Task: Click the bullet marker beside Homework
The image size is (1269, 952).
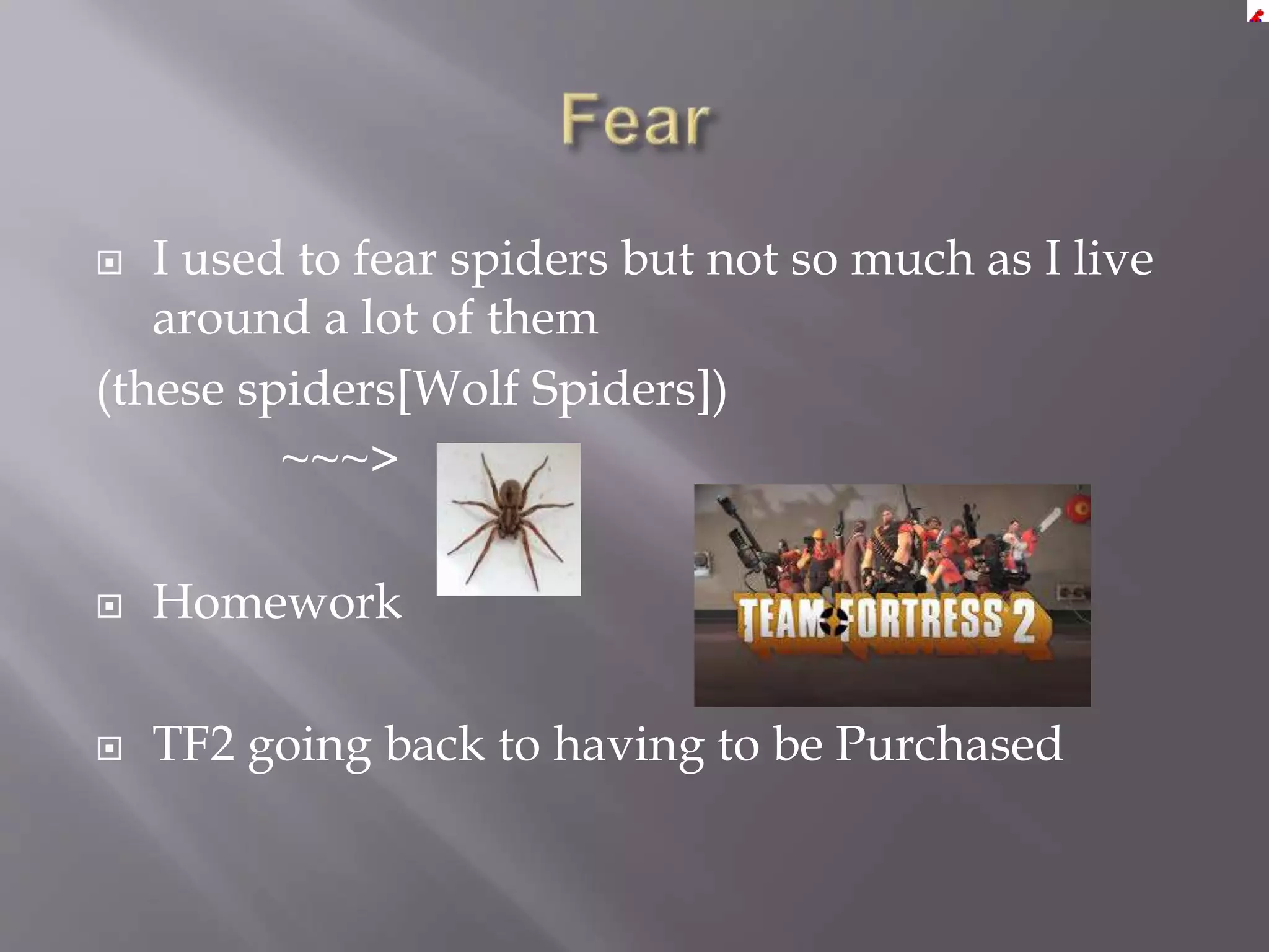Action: point(110,606)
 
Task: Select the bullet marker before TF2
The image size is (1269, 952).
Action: point(110,748)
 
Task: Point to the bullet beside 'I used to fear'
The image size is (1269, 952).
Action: point(110,263)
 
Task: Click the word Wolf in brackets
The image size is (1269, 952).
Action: point(464,389)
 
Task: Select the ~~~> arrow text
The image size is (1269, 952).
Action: point(340,459)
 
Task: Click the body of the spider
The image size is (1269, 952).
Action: point(510,511)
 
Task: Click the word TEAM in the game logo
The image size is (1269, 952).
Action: point(779,620)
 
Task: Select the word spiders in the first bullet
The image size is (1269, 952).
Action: point(529,259)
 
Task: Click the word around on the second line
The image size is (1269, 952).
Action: point(231,319)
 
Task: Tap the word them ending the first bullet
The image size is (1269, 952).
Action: point(542,319)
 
